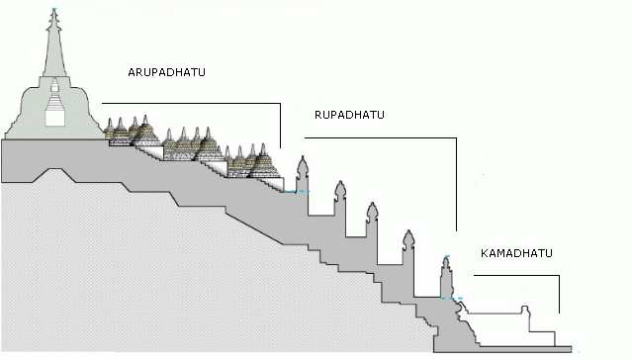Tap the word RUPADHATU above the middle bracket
348,115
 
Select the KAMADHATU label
515,253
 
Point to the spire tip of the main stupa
53,12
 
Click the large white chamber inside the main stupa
55,115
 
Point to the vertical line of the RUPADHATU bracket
457,183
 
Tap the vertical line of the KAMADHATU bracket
559,293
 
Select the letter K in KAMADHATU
484,253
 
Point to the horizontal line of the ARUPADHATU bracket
193,103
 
